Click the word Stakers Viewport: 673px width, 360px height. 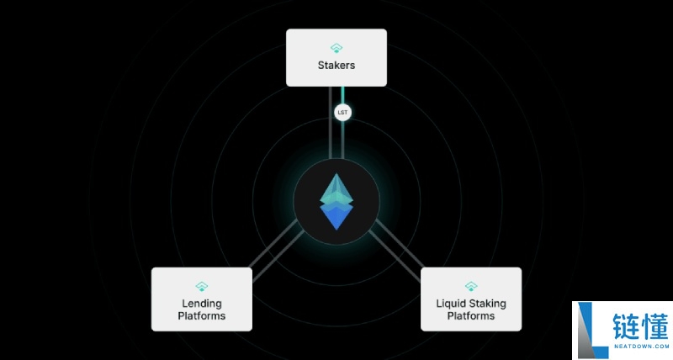(336, 66)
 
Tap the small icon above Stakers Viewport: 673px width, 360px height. (336, 48)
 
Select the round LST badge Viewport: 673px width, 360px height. (342, 113)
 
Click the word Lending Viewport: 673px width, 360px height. (202, 304)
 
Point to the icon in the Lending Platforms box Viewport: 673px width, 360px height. (202, 286)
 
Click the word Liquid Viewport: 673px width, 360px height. (450, 304)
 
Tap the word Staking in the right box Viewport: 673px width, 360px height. (487, 304)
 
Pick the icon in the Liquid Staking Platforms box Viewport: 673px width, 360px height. (471, 286)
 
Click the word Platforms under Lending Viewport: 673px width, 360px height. (202, 315)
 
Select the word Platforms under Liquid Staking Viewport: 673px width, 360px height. (471, 315)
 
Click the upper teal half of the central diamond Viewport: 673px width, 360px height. (336, 190)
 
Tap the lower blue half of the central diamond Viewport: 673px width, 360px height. (336, 217)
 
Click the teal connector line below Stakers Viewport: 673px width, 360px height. (342, 123)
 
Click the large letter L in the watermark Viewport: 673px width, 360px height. (592, 331)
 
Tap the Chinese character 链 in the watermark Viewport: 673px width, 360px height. (626, 327)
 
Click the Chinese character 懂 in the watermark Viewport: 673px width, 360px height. (655, 327)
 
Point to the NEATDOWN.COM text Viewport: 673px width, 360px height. (641, 347)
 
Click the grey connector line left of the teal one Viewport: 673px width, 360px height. (331, 123)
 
